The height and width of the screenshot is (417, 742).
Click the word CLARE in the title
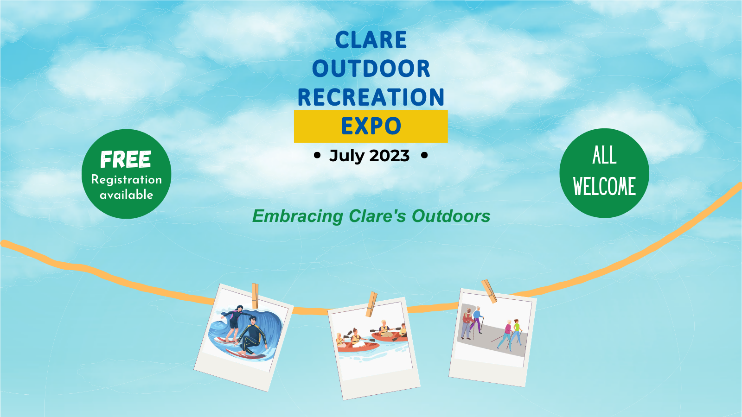point(371,40)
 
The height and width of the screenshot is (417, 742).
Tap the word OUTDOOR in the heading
point(371,69)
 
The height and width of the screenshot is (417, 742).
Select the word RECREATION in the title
point(371,97)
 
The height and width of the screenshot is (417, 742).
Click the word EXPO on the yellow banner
point(371,126)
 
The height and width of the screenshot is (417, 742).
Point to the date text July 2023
point(369,156)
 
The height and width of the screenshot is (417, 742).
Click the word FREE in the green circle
point(126,159)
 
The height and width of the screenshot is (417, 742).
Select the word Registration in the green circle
point(127,180)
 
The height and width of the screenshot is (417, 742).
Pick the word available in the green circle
point(127,195)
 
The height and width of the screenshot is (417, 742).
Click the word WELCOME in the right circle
point(605,186)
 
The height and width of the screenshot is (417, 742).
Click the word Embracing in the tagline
point(297,216)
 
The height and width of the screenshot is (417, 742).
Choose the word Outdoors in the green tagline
point(451,216)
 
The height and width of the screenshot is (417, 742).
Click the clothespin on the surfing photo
point(255,296)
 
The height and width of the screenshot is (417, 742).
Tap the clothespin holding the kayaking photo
point(371,304)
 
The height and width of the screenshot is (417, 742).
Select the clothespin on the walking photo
point(489,291)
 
